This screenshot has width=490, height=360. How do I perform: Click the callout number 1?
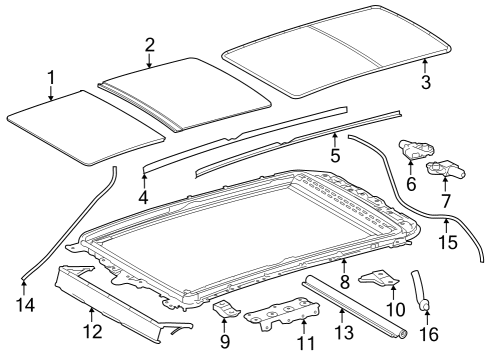coord(52,76)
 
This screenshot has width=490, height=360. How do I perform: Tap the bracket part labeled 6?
coord(420,150)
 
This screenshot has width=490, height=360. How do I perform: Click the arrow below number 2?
coord(149,62)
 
